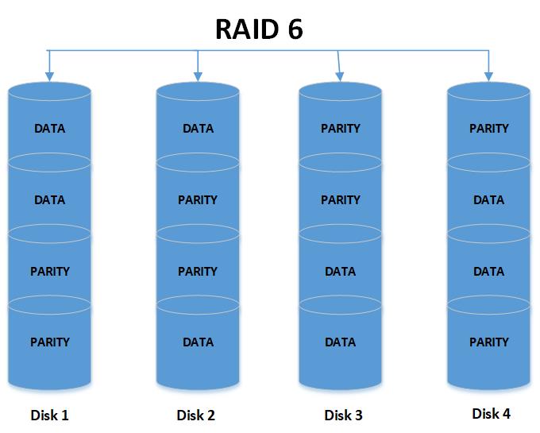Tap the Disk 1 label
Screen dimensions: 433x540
[49, 414]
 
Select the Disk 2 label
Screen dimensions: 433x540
[196, 415]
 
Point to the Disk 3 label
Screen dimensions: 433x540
[343, 415]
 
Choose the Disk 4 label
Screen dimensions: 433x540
[491, 413]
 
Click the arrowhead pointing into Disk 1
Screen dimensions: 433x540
[49, 76]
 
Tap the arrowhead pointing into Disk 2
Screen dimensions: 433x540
[198, 76]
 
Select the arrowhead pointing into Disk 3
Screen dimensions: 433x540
[341, 76]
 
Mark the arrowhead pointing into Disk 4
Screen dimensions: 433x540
[488, 76]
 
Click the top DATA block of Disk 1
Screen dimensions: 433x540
[49, 128]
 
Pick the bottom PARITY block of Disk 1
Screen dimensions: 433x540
[49, 342]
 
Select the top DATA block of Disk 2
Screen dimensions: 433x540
[198, 128]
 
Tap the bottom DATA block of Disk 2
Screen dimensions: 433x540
[198, 342]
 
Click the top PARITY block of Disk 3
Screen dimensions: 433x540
[341, 128]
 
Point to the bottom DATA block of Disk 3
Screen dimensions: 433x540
[341, 342]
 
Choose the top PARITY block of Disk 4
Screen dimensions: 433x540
[488, 128]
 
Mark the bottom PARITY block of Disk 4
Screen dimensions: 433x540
[488, 342]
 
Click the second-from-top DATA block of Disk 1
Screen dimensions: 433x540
[49, 200]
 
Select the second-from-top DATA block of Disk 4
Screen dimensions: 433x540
[488, 200]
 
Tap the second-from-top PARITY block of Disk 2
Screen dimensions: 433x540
[198, 200]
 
